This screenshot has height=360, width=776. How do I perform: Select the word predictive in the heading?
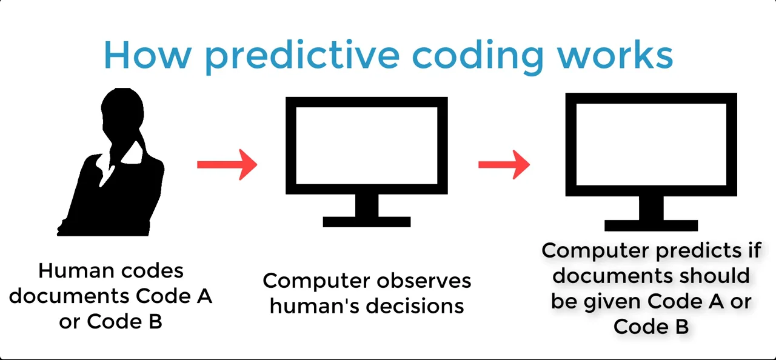(x=302, y=56)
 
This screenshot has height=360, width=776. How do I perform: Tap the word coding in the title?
(x=478, y=56)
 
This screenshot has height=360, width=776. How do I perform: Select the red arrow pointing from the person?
(x=227, y=164)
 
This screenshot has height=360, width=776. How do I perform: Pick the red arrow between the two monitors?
(x=504, y=164)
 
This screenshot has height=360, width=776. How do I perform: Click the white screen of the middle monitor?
(x=366, y=145)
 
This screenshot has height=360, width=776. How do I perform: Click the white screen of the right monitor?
(x=651, y=144)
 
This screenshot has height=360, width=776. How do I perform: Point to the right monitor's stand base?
(x=651, y=225)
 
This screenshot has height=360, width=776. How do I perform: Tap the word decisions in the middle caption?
(x=421, y=305)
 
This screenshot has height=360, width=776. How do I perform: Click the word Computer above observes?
(x=316, y=281)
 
